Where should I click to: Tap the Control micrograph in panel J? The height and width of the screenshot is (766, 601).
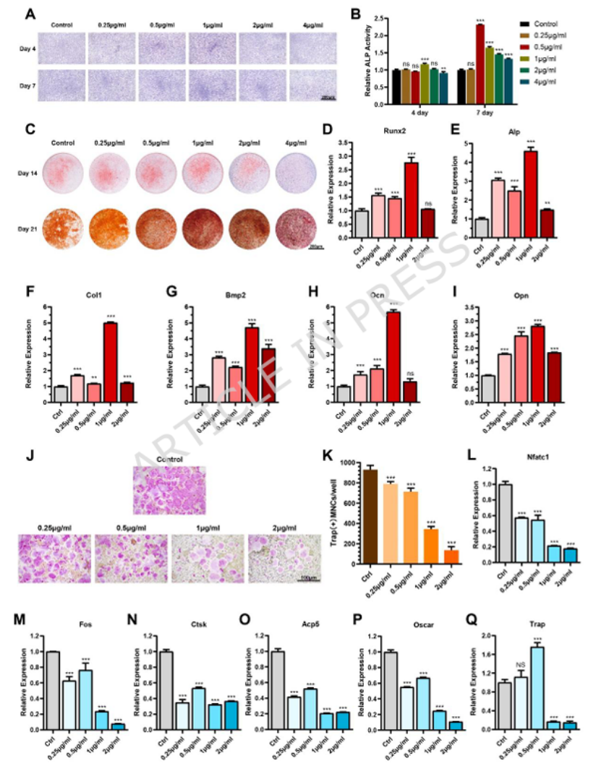[169, 490]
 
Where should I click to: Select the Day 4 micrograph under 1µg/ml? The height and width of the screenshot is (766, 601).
[214, 49]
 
